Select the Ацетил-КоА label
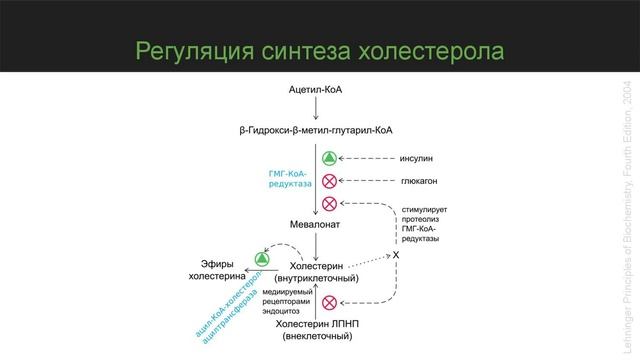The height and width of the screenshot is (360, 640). (x=316, y=89)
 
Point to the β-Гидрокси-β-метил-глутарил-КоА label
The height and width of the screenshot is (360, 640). (x=316, y=130)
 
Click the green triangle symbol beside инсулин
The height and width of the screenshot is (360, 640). (x=329, y=158)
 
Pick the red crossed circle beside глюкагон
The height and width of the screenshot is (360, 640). (x=329, y=181)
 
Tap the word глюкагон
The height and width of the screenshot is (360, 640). (x=421, y=181)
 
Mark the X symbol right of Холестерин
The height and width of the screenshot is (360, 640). (x=395, y=256)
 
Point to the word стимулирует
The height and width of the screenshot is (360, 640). (x=424, y=210)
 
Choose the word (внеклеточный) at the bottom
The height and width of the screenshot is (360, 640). (x=317, y=335)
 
